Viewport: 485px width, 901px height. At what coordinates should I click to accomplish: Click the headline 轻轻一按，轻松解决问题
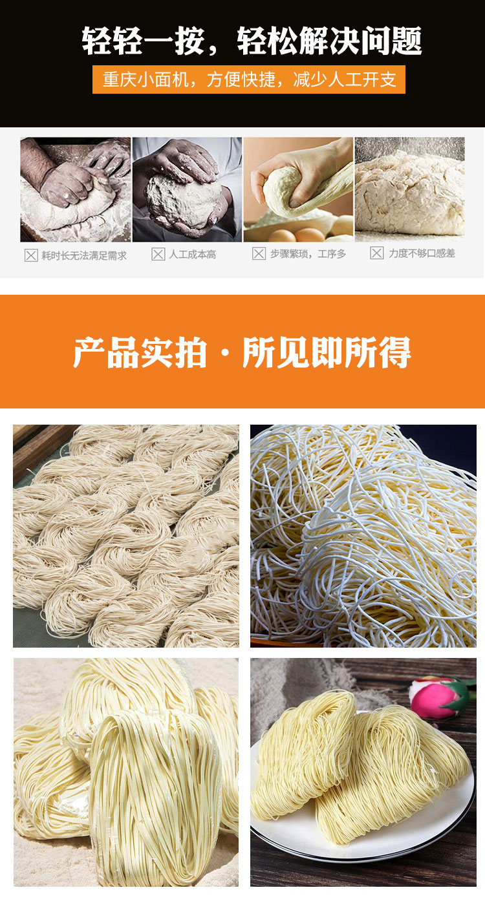click(x=252, y=41)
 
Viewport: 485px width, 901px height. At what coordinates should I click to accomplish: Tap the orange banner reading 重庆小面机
click(x=249, y=79)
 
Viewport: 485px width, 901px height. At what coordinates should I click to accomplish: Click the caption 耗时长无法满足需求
click(x=84, y=255)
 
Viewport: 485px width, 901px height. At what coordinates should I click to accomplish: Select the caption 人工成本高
click(x=192, y=255)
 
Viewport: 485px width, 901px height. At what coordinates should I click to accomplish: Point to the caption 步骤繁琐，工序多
click(x=308, y=254)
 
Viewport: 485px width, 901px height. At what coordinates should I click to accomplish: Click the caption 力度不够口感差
click(x=422, y=253)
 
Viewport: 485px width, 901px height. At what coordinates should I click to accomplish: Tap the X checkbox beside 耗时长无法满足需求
click(x=31, y=255)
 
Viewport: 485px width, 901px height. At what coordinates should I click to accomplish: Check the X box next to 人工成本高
click(x=158, y=255)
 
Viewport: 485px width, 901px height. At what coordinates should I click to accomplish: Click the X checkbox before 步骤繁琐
click(x=259, y=254)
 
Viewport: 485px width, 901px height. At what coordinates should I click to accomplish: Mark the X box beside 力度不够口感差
click(x=376, y=253)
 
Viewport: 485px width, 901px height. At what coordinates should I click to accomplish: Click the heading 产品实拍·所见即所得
click(x=242, y=352)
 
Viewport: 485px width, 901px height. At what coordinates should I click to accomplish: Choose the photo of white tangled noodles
click(x=363, y=536)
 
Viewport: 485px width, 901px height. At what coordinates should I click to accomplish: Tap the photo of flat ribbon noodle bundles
click(x=126, y=772)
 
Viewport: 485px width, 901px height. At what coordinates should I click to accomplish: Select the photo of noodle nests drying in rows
click(x=126, y=536)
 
